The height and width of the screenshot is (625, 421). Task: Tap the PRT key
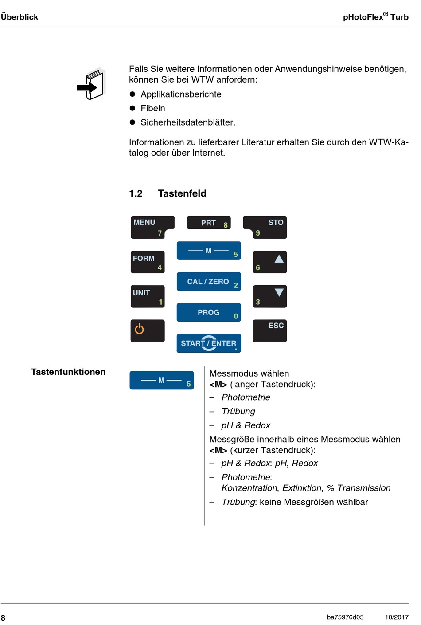pyautogui.click(x=209, y=223)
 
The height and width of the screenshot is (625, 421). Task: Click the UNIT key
pyautogui.click(x=147, y=296)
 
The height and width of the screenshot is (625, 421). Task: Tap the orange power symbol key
pyautogui.click(x=147, y=330)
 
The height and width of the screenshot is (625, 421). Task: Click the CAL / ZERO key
pyautogui.click(x=208, y=282)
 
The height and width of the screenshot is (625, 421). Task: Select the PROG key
pyautogui.click(x=208, y=312)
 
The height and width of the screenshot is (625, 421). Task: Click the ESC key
pyautogui.click(x=269, y=330)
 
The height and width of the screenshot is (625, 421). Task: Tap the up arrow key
pyautogui.click(x=269, y=262)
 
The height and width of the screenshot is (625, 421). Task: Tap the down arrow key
pyautogui.click(x=269, y=296)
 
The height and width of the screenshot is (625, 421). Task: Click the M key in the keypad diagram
pyautogui.click(x=208, y=251)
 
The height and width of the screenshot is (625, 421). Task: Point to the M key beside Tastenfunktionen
pyautogui.click(x=161, y=380)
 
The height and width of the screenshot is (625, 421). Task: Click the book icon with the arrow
pyautogui.click(x=92, y=84)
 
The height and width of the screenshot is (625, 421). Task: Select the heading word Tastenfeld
pyautogui.click(x=182, y=193)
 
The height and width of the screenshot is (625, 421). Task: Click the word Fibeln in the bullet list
pyautogui.click(x=152, y=108)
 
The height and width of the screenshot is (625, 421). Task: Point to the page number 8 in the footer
pyautogui.click(x=3, y=617)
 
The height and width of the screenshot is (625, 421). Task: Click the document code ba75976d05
pyautogui.click(x=345, y=617)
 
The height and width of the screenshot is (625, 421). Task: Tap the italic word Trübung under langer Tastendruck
pyautogui.click(x=238, y=411)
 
